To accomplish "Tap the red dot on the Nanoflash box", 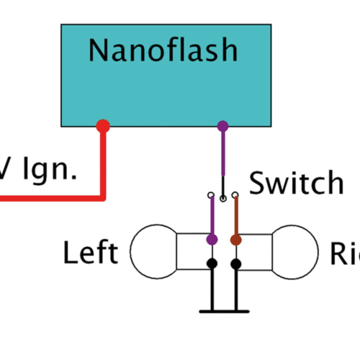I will pyautogui.click(x=103, y=126).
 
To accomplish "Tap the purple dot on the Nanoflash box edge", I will pyautogui.click(x=222, y=126).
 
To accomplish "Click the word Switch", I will pyautogui.click(x=296, y=184).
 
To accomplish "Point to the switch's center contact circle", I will pyautogui.click(x=223, y=198).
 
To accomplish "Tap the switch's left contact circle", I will pyautogui.click(x=211, y=194).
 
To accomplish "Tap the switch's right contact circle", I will pyautogui.click(x=235, y=194).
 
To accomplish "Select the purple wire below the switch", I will pyautogui.click(x=211, y=216).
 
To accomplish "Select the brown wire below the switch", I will pyautogui.click(x=235, y=216).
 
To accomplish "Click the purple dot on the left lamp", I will pyautogui.click(x=212, y=238).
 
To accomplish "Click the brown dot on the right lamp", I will pyautogui.click(x=235, y=238).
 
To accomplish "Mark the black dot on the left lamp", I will pyautogui.click(x=212, y=264).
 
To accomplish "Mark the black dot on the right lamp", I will pyautogui.click(x=235, y=264).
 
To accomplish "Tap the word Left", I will pyautogui.click(x=90, y=253).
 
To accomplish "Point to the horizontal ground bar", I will pyautogui.click(x=223, y=311).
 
